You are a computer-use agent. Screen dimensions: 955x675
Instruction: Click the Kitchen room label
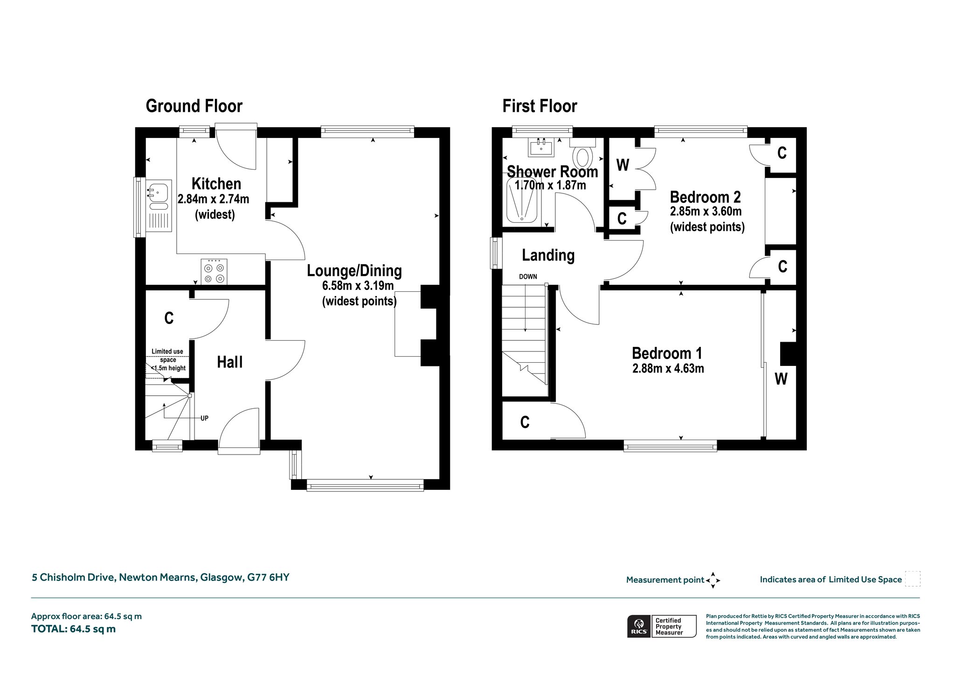pyautogui.click(x=216, y=184)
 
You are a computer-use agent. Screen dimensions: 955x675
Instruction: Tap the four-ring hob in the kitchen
pyautogui.click(x=215, y=272)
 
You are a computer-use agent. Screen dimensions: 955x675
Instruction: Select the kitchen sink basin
pyautogui.click(x=159, y=193)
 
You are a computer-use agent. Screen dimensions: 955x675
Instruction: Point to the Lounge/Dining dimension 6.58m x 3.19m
pyautogui.click(x=358, y=285)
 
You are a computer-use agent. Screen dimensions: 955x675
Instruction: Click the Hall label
pyautogui.click(x=230, y=362)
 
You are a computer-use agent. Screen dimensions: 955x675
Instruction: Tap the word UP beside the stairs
pyautogui.click(x=204, y=418)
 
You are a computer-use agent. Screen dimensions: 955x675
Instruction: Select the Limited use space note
pyautogui.click(x=168, y=359)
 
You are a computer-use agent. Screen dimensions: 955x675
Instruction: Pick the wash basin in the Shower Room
pyautogui.click(x=541, y=147)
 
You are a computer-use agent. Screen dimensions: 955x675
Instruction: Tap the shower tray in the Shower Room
pyautogui.click(x=523, y=200)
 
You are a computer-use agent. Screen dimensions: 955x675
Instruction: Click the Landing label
pyautogui.click(x=548, y=255)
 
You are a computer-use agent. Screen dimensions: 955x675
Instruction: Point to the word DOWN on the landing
pyautogui.click(x=528, y=276)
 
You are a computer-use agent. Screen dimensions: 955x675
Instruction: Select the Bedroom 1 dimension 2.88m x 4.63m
pyautogui.click(x=668, y=369)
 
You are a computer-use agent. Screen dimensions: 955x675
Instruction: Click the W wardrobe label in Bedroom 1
pyautogui.click(x=781, y=379)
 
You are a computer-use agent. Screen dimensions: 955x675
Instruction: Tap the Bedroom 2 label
pyautogui.click(x=705, y=197)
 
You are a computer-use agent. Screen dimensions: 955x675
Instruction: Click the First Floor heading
pyautogui.click(x=540, y=106)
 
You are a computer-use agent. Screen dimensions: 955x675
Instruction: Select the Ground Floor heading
pyautogui.click(x=194, y=106)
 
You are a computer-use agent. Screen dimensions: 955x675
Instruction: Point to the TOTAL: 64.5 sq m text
pyautogui.click(x=73, y=629)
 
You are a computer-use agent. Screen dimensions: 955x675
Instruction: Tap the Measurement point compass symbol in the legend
pyautogui.click(x=713, y=580)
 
